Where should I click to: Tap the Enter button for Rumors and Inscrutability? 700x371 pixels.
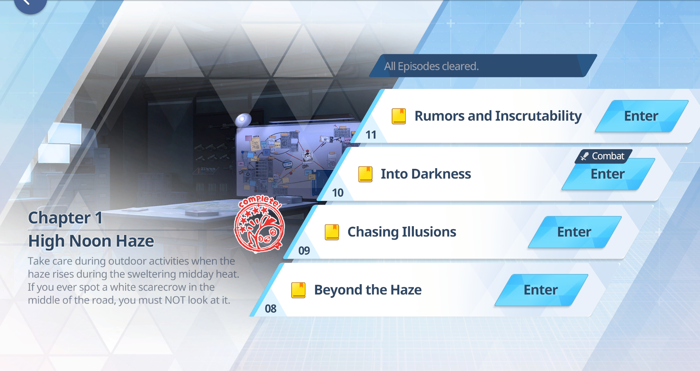[642, 116]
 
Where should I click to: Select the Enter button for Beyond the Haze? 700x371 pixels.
[541, 290]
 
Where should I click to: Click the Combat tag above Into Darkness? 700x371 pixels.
[604, 156]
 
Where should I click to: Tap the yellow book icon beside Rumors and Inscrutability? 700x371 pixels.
[399, 116]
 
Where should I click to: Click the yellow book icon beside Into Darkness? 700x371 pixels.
[365, 174]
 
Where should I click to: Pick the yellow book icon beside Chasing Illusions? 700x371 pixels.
[332, 232]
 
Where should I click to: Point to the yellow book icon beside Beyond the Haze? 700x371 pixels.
[298, 290]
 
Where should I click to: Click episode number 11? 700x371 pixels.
[371, 135]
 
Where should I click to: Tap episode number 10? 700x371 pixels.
[338, 193]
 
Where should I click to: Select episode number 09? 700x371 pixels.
[304, 251]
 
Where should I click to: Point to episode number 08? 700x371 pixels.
[270, 309]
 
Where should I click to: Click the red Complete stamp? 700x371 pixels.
[259, 224]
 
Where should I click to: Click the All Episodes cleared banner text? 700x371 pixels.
[431, 66]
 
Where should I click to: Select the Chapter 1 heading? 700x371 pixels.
[65, 218]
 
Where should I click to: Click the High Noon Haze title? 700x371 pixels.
[91, 241]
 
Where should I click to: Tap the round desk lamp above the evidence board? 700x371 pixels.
[243, 120]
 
